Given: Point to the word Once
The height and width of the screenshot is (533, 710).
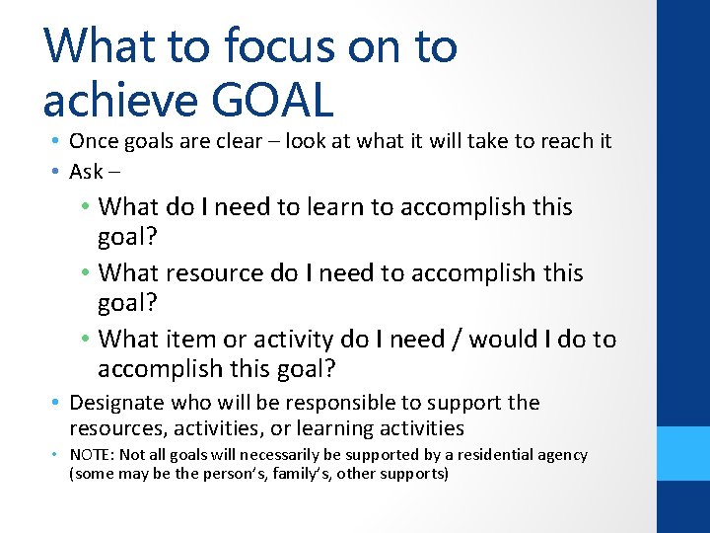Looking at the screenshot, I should pos(93,141).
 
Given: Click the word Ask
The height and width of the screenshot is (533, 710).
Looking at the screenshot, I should pos(86,172).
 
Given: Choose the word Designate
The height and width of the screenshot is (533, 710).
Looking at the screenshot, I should pos(117,403).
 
